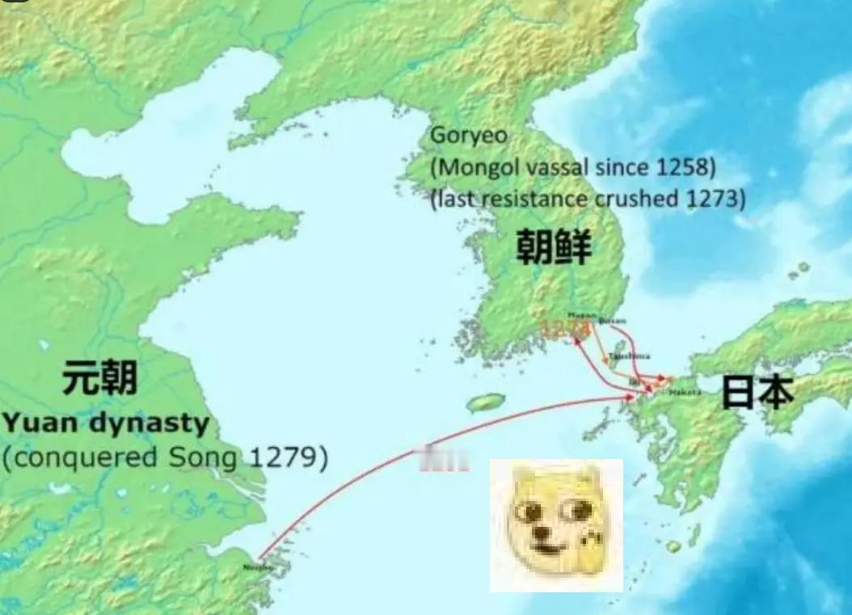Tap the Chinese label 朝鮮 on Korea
[554, 248]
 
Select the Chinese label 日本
[757, 391]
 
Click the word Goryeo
[469, 135]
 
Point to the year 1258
[684, 168]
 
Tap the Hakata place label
[685, 392]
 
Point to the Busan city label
[612, 322]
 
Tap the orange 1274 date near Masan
[564, 327]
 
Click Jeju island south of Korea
[486, 402]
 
